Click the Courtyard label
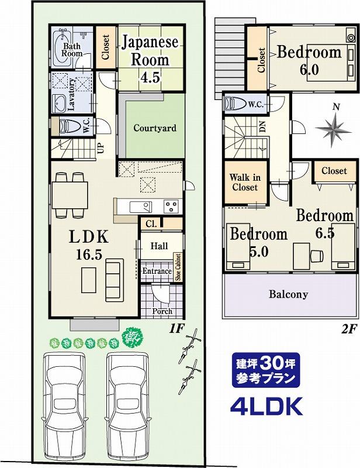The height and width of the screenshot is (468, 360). pos(155,128)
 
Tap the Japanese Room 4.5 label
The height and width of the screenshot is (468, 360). pos(150,60)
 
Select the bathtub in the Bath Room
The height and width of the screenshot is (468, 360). pos(62,48)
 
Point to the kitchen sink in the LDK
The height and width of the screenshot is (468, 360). pos(140,207)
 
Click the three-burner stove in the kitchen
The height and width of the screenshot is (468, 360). pos(171,207)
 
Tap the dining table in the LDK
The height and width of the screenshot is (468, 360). pos(70,195)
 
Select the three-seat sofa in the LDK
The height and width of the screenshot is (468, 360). pos(114,280)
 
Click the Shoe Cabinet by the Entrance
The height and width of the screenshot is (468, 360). pos(178,267)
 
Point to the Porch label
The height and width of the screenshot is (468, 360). pos(162,311)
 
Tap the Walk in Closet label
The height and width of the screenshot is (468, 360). pos(245,183)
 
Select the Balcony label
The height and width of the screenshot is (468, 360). pos(288,294)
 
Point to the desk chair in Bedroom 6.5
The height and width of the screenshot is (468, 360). pos(317,256)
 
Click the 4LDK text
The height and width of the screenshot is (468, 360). pos(266,406)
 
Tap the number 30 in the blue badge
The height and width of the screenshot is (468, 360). pos(271,363)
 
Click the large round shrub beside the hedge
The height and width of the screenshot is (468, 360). pos(133,338)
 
